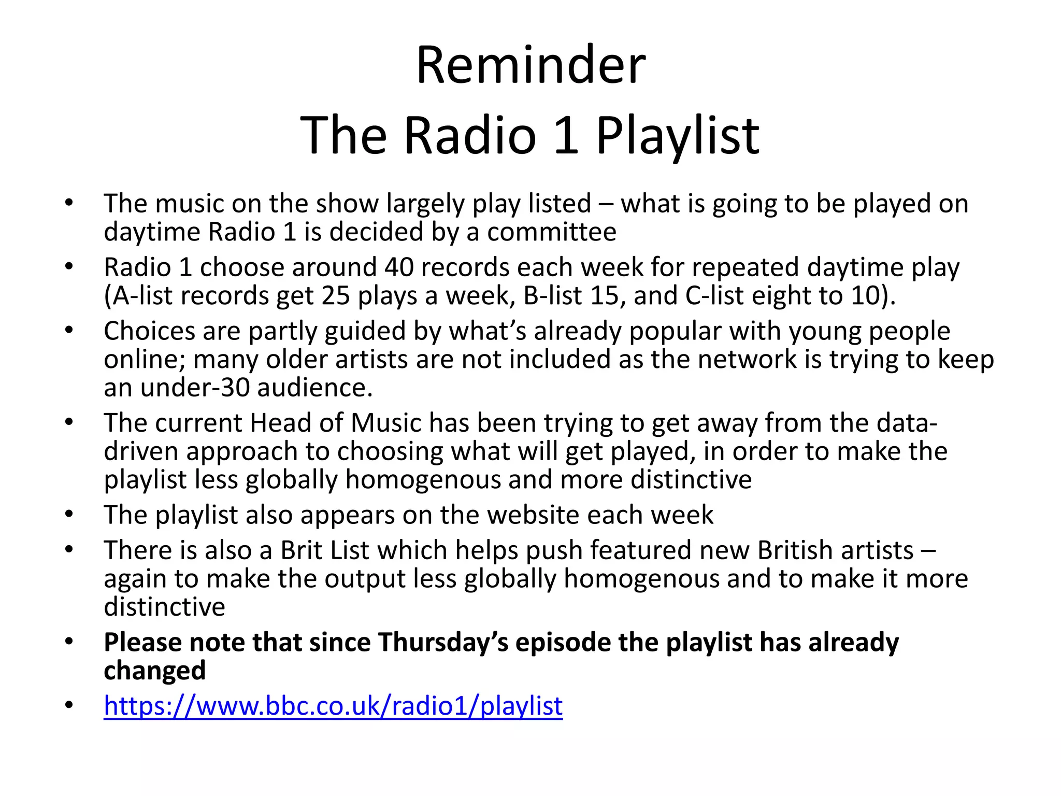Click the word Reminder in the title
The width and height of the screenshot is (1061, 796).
pos(530,66)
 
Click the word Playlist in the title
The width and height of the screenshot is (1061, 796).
pos(677,136)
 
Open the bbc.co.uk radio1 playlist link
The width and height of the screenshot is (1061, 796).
pos(333,706)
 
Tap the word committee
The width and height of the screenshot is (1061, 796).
pos(552,232)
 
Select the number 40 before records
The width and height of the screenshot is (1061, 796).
pos(398,267)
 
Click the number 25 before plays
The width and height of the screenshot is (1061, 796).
pos(336,296)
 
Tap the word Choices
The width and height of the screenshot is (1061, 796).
pos(149,331)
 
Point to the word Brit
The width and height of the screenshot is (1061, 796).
pos(301,550)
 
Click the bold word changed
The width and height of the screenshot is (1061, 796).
pos(154,671)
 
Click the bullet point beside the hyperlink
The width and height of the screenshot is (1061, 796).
pos(69,706)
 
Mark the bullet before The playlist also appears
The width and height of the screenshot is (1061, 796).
pos(69,515)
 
